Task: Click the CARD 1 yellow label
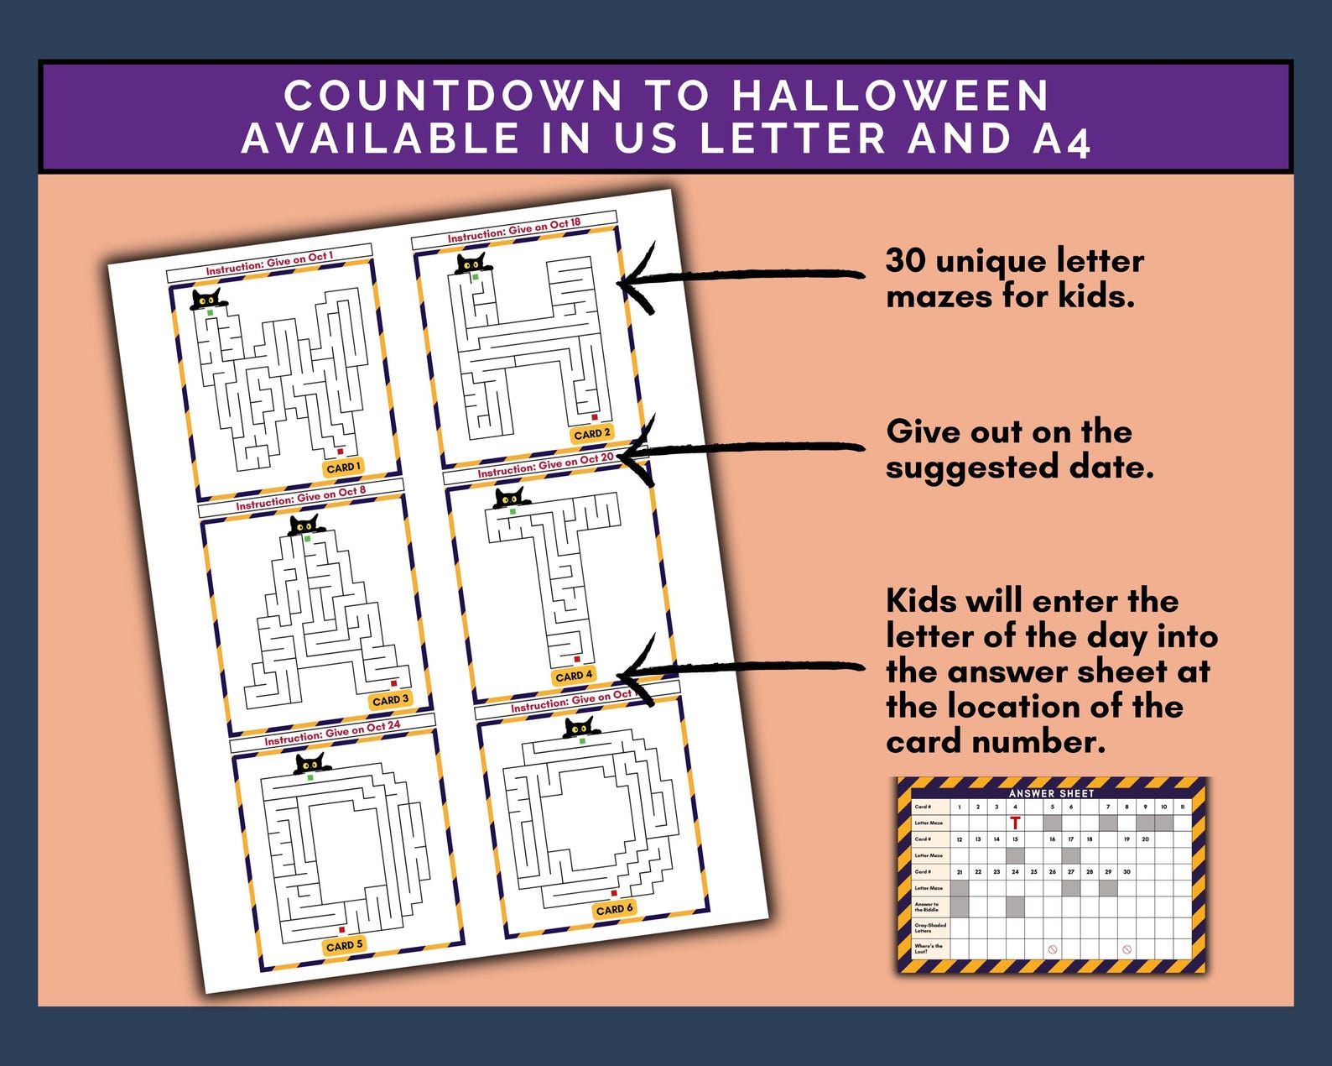pyautogui.click(x=343, y=468)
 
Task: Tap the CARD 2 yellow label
pyautogui.click(x=591, y=433)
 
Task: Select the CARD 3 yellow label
pyautogui.click(x=390, y=699)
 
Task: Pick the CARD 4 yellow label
pyautogui.click(x=574, y=675)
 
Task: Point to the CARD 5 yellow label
pyautogui.click(x=344, y=945)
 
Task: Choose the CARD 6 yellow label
pyautogui.click(x=614, y=908)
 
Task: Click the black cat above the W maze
pyautogui.click(x=206, y=299)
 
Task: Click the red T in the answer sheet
pyautogui.click(x=1015, y=823)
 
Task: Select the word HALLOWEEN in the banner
pyautogui.click(x=890, y=96)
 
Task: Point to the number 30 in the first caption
pyautogui.click(x=905, y=261)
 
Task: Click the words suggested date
pyautogui.click(x=1019, y=467)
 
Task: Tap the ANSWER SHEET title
pyautogui.click(x=1051, y=792)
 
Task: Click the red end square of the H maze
pyautogui.click(x=595, y=417)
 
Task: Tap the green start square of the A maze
pyautogui.click(x=308, y=539)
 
